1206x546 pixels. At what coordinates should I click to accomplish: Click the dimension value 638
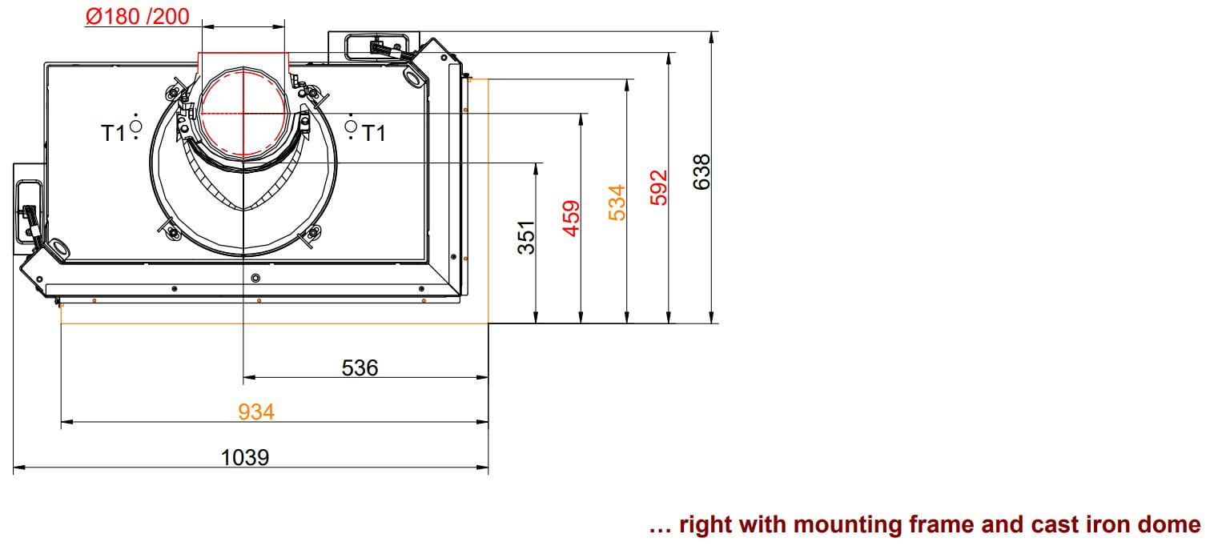(701, 172)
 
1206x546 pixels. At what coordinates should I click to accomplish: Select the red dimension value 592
(659, 187)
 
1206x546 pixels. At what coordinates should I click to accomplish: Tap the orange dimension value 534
(617, 203)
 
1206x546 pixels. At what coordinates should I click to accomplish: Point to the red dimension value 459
(571, 218)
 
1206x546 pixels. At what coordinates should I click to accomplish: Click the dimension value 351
(526, 237)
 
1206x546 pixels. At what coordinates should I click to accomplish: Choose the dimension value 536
(360, 367)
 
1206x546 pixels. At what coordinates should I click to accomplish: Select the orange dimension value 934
(256, 412)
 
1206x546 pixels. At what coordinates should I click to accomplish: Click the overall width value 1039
(245, 457)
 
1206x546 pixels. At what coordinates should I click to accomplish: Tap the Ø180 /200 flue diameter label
(137, 16)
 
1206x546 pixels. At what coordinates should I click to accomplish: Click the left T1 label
(113, 133)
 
